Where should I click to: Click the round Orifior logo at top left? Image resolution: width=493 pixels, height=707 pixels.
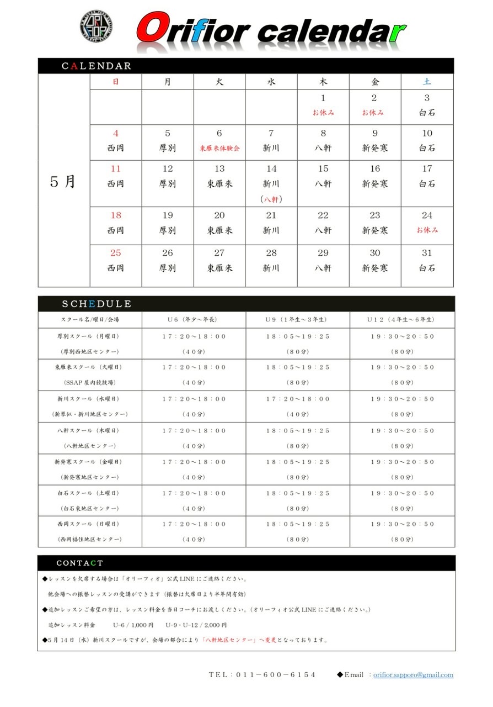point(97,25)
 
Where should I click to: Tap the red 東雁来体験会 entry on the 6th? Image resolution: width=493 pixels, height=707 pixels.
point(219,149)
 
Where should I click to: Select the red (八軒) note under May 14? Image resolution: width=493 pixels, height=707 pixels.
point(271,199)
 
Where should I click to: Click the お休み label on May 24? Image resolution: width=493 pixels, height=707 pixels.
point(427,230)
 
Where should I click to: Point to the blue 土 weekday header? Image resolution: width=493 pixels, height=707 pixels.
point(427,82)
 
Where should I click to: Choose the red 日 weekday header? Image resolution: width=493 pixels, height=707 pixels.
point(115,82)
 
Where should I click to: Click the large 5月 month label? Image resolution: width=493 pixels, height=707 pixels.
point(63,182)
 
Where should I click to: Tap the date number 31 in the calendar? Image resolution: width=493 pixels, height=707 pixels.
point(427,253)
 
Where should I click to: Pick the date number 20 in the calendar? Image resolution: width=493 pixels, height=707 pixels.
point(219,215)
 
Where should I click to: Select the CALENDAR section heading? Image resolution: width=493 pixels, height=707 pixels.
point(97,66)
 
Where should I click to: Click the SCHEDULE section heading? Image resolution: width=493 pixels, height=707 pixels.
point(97,304)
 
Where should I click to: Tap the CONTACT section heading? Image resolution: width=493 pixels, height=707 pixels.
point(79,563)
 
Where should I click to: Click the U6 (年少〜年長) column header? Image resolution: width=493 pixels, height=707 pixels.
point(194,320)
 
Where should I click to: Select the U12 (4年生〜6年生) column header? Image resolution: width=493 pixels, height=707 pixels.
point(402,320)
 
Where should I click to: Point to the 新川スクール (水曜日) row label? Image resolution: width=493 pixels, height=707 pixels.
point(89,399)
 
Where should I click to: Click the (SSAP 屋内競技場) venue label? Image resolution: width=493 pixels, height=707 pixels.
point(89,383)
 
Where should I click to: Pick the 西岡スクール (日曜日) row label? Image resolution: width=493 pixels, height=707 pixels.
point(89,524)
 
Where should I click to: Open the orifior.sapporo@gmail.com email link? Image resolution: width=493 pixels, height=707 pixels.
point(413,675)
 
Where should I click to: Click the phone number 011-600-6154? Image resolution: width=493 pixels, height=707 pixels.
point(262,675)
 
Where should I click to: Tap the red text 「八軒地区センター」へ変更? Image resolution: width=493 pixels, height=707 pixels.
point(240,641)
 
